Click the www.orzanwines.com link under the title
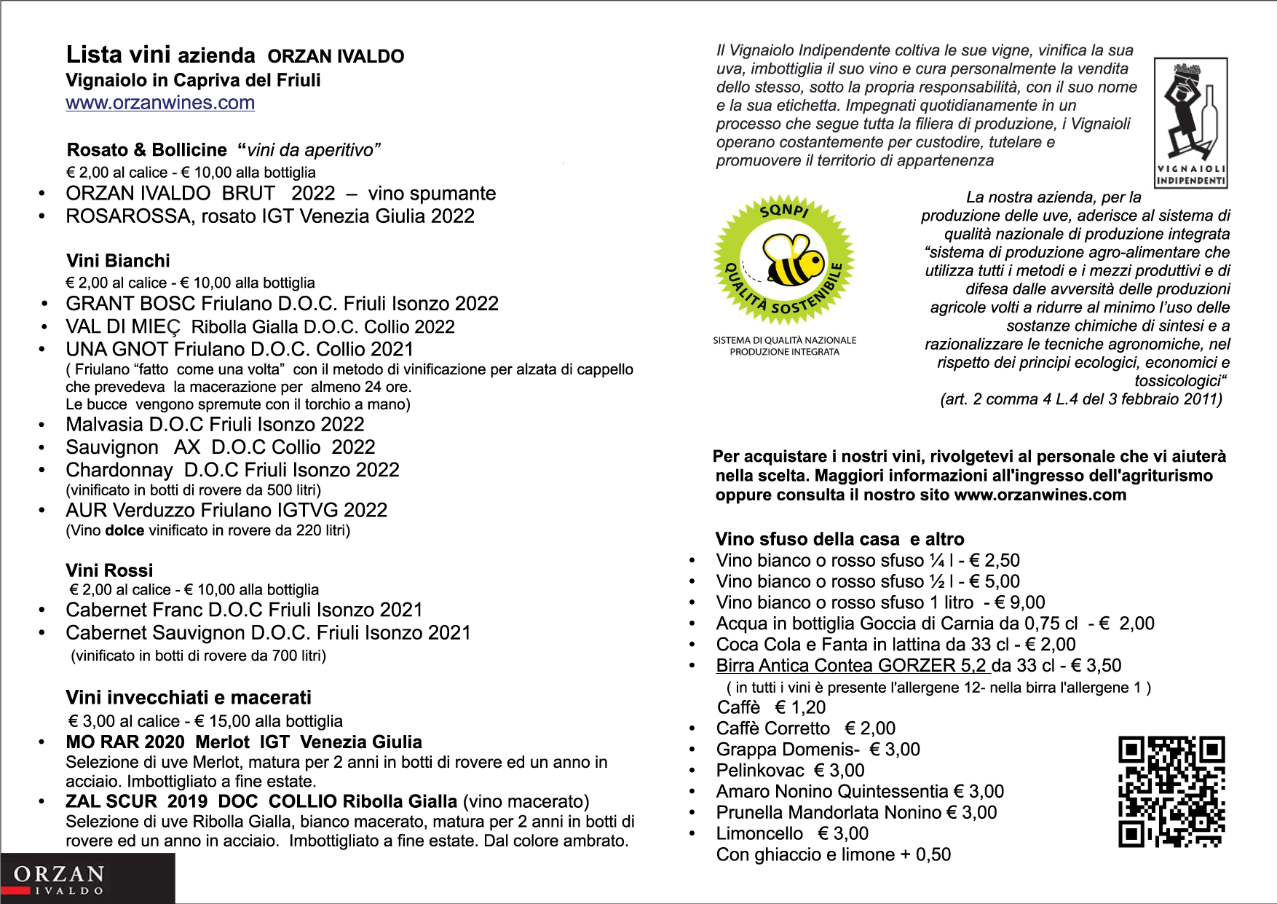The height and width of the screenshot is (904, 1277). coord(160,103)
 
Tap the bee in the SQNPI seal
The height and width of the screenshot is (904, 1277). coord(794,261)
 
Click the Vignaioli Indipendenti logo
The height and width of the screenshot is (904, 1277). coord(1190,122)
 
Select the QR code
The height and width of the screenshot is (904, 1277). coord(1171,791)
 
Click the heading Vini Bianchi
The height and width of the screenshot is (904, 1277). coord(118,261)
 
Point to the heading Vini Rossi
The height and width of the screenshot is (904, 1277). coord(109,570)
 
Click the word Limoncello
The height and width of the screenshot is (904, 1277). coord(759,833)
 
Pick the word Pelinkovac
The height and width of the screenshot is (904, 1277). coord(760,771)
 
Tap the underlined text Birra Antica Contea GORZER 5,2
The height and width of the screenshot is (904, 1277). coord(851,666)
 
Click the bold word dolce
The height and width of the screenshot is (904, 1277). coord(124,530)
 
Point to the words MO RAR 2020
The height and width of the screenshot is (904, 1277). coord(125,742)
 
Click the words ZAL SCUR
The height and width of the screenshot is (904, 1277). coord(111,801)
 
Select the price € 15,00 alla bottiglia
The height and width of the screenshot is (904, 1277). coord(269,721)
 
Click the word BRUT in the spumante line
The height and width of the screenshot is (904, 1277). coord(248,194)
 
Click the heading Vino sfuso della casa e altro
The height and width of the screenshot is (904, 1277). coord(839,539)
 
